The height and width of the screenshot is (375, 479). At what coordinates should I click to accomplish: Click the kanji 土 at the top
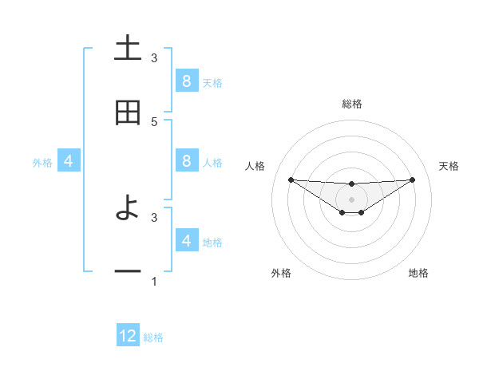click(x=128, y=48)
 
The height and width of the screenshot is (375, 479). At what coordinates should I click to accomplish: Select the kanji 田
click(x=128, y=112)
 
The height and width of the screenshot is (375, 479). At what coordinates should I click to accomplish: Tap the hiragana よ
click(x=128, y=209)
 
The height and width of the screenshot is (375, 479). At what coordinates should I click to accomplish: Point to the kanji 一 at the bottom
click(x=128, y=272)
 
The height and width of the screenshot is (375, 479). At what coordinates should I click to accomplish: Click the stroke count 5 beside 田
click(x=154, y=121)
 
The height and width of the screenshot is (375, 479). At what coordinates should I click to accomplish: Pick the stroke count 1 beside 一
click(x=154, y=282)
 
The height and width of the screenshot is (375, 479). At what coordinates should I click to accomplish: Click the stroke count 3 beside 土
click(x=154, y=57)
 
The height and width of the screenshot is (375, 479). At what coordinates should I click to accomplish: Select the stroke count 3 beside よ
click(x=154, y=216)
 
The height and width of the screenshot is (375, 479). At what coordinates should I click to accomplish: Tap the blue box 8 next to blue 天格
click(x=186, y=81)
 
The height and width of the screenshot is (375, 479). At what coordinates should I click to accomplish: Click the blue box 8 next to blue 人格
click(x=186, y=161)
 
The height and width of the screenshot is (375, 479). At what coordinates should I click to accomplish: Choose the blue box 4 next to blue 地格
click(x=186, y=240)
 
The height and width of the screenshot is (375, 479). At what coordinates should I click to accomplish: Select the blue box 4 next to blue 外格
click(x=68, y=161)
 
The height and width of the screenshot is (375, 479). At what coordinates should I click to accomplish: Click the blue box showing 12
click(x=128, y=336)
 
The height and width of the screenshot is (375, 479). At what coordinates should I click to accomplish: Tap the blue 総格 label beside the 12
click(x=153, y=337)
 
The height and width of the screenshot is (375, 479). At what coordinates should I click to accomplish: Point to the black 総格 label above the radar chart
click(x=351, y=104)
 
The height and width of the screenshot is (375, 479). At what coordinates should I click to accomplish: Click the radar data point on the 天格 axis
click(x=412, y=180)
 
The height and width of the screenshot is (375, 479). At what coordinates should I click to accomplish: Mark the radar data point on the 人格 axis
click(x=291, y=180)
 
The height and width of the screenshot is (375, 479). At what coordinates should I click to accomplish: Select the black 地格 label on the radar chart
click(x=418, y=273)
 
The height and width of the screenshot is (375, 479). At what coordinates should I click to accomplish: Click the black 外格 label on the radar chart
click(x=282, y=273)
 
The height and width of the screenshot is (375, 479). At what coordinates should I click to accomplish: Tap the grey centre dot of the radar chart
click(x=351, y=199)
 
